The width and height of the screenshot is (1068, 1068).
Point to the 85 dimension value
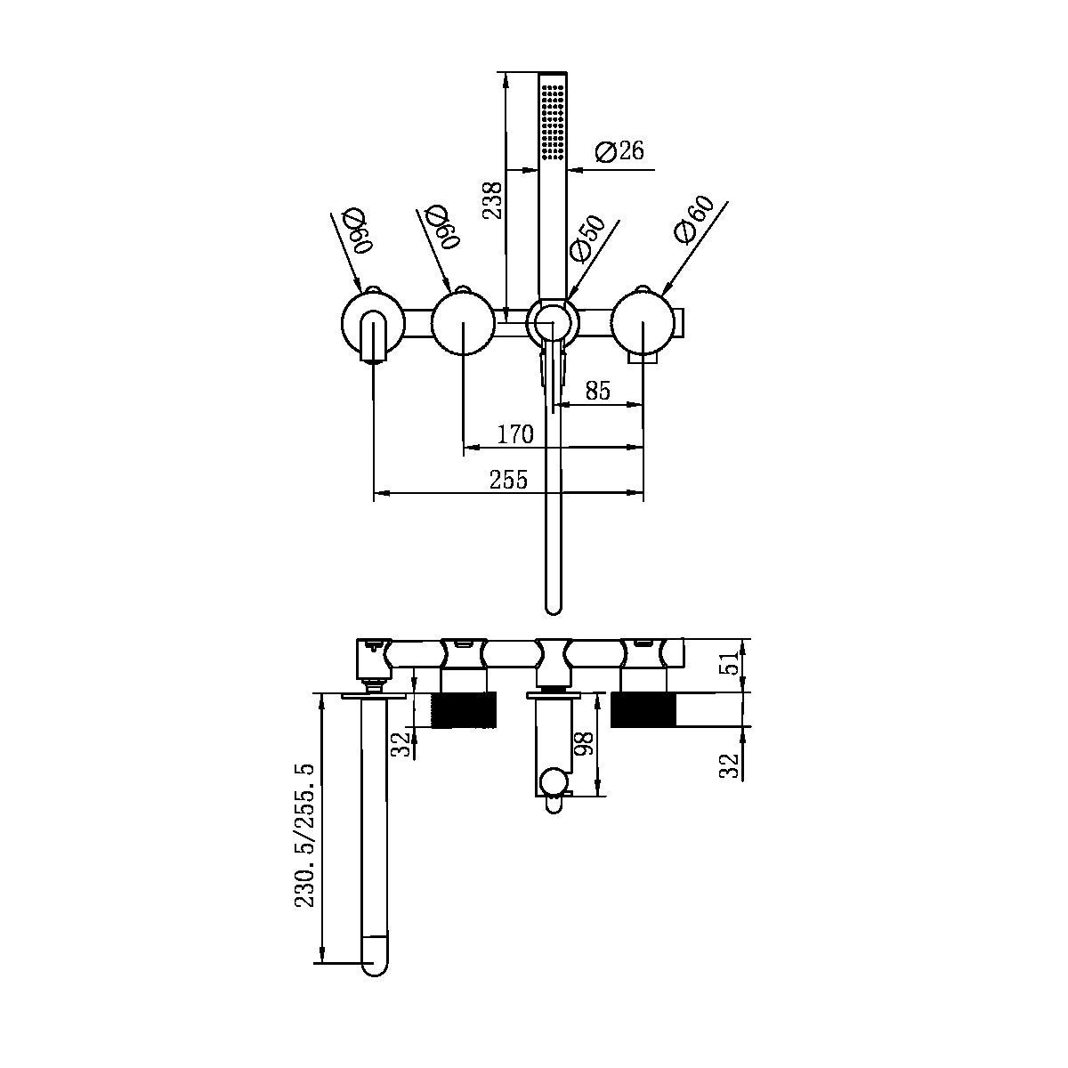pos(598,390)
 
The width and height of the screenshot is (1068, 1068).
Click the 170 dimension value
pos(515,434)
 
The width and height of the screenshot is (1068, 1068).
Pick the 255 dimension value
pos(509,480)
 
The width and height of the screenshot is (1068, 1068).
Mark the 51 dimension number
pos(731,664)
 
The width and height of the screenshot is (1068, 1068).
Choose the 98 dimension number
pos(585,744)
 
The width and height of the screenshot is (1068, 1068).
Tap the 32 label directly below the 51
pos(731,765)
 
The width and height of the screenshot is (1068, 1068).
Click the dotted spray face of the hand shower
pos(553,120)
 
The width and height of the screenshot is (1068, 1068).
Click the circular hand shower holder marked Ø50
pos(552,321)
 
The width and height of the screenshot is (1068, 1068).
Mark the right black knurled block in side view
pos(643,709)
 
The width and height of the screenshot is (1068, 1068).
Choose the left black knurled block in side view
pos(464,710)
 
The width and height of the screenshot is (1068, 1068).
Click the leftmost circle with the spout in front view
pos(372,325)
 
